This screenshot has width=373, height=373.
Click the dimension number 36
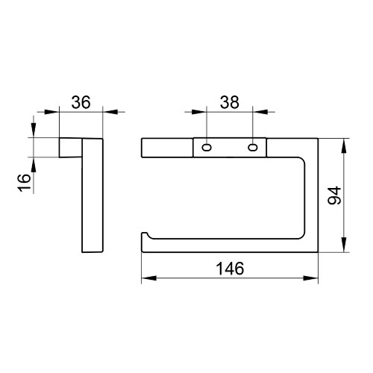81,102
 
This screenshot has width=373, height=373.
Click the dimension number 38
230,102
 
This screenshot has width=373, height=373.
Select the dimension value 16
24,183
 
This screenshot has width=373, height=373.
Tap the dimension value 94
334,195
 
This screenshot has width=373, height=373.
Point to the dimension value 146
230,269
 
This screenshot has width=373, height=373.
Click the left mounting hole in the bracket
207,148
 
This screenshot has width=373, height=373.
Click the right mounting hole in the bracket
253,148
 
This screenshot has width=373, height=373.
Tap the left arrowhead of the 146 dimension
149,278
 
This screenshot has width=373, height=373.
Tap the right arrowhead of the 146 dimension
311,278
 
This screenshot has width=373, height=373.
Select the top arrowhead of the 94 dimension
344,145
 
